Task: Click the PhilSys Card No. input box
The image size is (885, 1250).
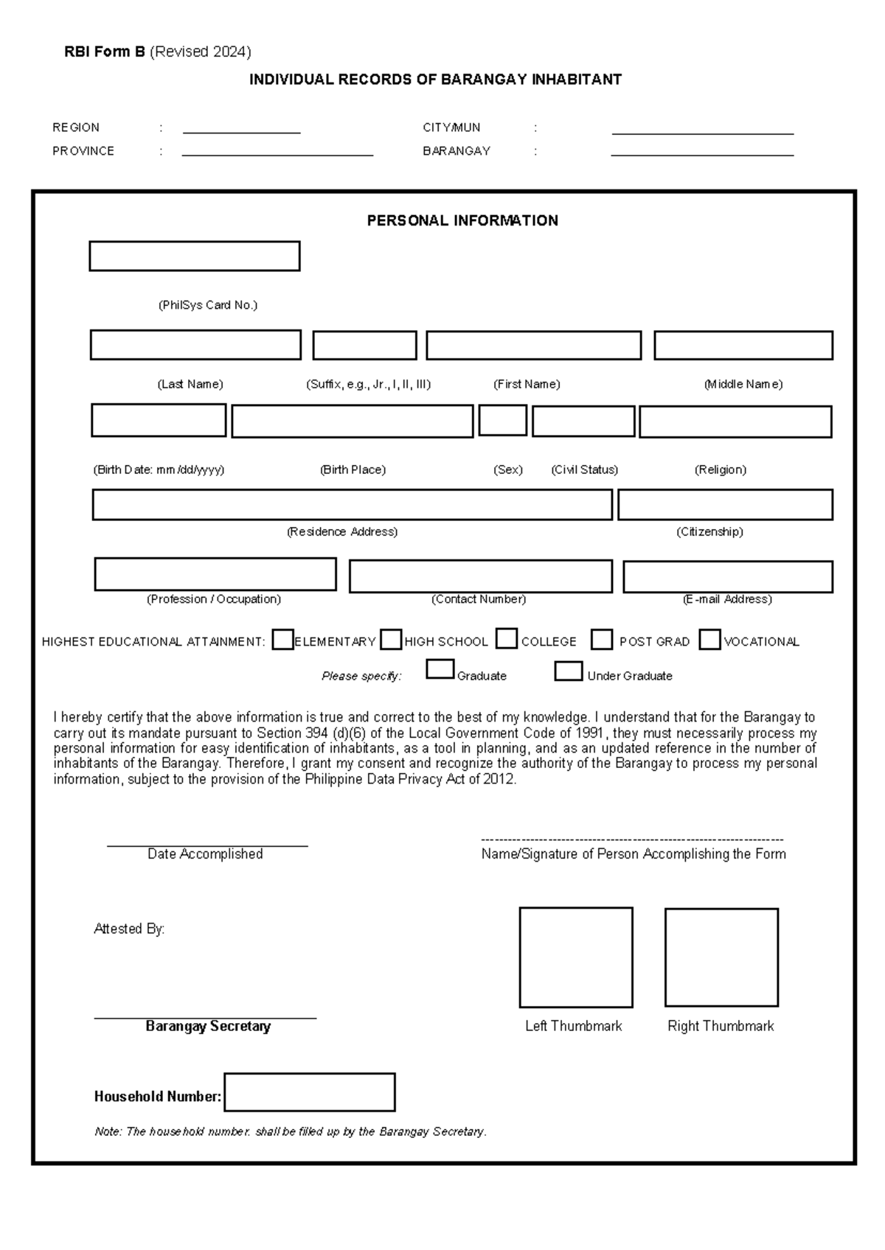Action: point(194,256)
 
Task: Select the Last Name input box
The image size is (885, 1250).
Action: point(195,345)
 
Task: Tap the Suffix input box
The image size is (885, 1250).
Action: point(364,345)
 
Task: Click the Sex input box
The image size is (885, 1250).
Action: point(502,421)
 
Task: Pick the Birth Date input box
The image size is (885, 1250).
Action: point(159,421)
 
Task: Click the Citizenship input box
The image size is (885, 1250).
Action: point(725,505)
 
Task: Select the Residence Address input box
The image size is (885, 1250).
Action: point(352,505)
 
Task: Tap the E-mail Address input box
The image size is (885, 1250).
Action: point(727,576)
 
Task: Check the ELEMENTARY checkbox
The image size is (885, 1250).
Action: point(282,640)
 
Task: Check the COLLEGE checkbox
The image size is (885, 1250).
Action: point(507,639)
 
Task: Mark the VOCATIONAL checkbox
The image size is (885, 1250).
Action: point(709,640)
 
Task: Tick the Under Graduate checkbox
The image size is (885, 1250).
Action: point(568,671)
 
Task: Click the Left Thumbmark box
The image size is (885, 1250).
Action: point(576,957)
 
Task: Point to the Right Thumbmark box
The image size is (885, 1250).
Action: point(721,957)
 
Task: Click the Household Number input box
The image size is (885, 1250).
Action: point(310,1092)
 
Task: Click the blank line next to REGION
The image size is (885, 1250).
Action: point(241,131)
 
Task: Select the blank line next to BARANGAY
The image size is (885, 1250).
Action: point(702,154)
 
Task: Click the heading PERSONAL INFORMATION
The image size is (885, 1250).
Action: point(462,220)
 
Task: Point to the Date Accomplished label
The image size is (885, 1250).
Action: point(205,854)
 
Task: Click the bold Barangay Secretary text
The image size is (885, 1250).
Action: point(208,1026)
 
